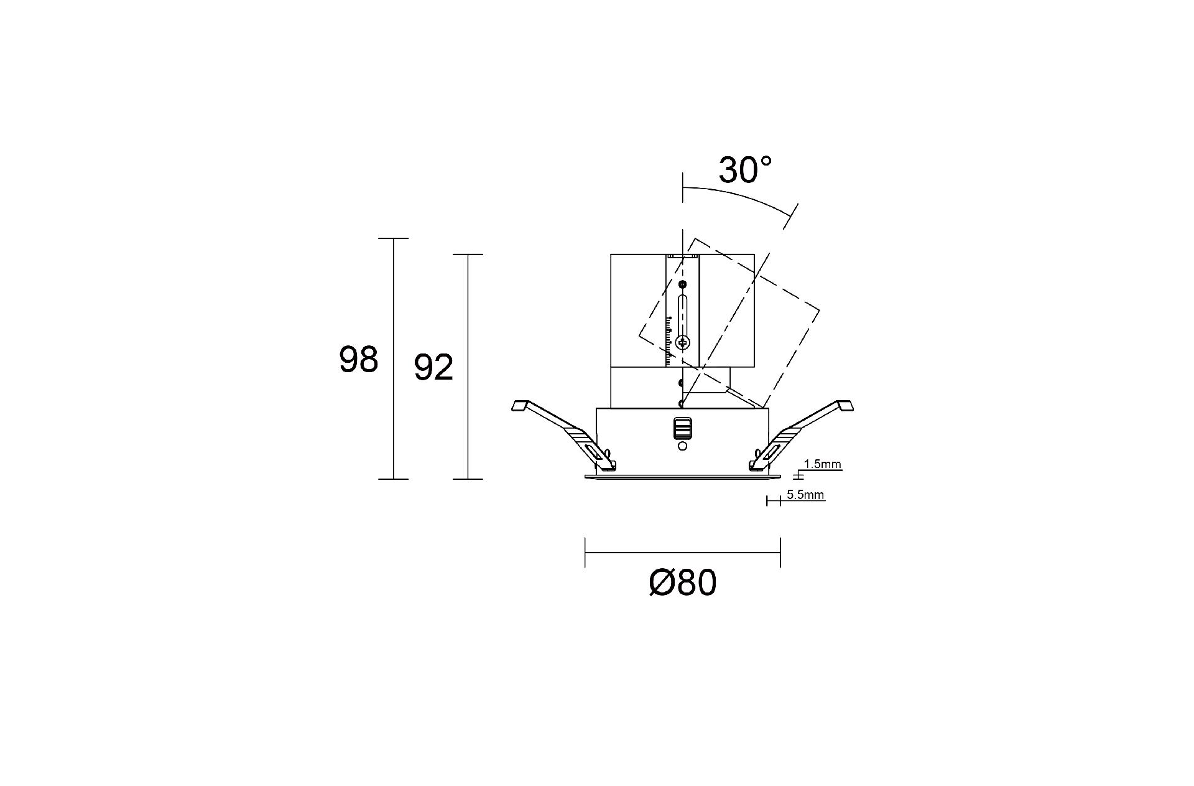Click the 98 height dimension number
pyautogui.click(x=358, y=360)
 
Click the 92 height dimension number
pyautogui.click(x=433, y=368)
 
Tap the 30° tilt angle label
pyautogui.click(x=745, y=170)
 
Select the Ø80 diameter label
pyautogui.click(x=682, y=583)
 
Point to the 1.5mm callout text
pyautogui.click(x=822, y=464)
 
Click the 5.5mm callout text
pyautogui.click(x=805, y=495)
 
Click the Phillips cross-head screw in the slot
pyautogui.click(x=683, y=342)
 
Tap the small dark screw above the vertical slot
pyautogui.click(x=683, y=284)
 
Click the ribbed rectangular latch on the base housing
pyautogui.click(x=682, y=428)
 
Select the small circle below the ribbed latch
pyautogui.click(x=682, y=446)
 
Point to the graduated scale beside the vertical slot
pyautogui.click(x=669, y=339)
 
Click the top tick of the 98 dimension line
pyautogui.click(x=393, y=238)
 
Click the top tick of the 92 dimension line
pyautogui.click(x=468, y=255)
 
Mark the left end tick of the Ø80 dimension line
pyautogui.click(x=585, y=552)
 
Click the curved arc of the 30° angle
pyautogui.click(x=740, y=195)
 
